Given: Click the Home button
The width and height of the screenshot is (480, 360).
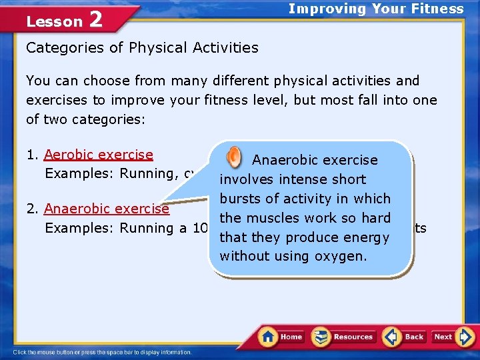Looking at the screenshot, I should (281, 337).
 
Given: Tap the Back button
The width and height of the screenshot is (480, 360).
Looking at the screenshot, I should (405, 337).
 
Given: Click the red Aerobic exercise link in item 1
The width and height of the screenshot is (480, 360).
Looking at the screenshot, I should (99, 155).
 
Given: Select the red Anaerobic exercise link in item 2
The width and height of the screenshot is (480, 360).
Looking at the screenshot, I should (107, 209).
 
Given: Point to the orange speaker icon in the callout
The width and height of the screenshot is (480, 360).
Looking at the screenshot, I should (235, 157).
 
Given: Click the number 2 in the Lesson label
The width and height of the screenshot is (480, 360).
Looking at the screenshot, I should (95, 20).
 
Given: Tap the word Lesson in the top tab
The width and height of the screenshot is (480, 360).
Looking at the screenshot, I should (54, 21).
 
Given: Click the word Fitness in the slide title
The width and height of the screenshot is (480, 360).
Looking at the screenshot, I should (438, 9).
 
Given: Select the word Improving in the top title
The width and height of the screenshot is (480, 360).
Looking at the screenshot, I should (319, 9).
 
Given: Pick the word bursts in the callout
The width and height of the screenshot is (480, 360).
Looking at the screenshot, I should (241, 199).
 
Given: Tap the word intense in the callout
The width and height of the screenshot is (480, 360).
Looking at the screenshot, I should (295, 179).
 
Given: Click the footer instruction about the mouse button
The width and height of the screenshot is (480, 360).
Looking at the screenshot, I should (102, 352).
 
